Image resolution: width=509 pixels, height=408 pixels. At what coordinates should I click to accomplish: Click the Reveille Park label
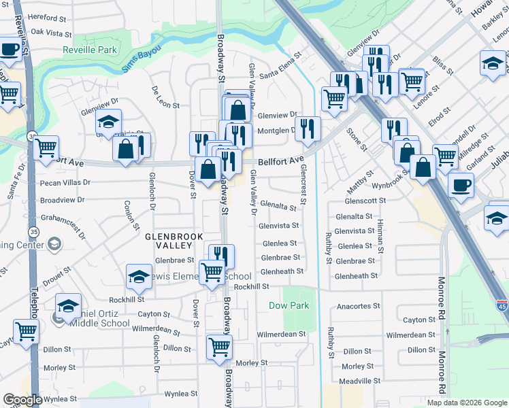pos(90,50)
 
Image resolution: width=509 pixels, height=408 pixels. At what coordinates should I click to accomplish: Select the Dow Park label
pos(289,305)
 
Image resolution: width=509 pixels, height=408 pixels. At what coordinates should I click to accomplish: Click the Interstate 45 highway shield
pos(502,307)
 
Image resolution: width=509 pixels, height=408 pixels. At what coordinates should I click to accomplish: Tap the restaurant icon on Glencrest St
pos(308,128)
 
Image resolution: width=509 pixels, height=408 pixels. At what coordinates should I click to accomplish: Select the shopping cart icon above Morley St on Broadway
pos(219,347)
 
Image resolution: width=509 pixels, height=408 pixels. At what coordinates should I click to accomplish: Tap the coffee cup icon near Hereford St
pos(10,49)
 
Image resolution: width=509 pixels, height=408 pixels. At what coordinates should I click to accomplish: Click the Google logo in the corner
pos(22,400)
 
